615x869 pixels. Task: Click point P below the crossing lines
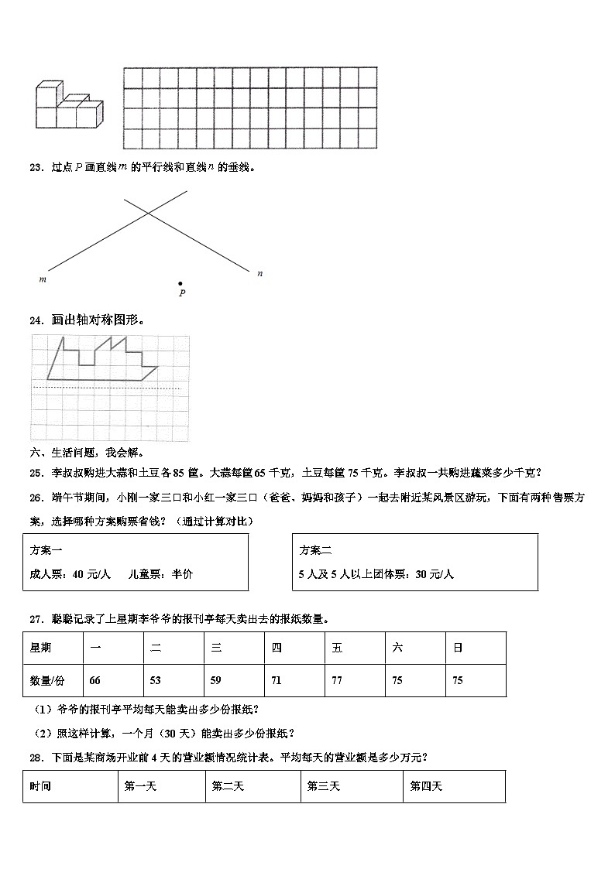click(180, 284)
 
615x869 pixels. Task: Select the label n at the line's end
click(259, 272)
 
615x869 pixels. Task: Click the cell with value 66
click(95, 680)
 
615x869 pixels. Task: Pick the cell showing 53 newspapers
click(156, 680)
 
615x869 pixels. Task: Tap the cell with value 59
click(216, 680)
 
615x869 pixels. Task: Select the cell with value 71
click(277, 680)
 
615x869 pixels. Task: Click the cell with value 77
click(337, 680)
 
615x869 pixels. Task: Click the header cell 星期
click(40, 648)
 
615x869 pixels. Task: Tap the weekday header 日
click(458, 648)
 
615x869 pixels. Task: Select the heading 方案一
click(46, 549)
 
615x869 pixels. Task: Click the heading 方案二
click(315, 549)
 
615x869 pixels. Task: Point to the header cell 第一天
click(140, 786)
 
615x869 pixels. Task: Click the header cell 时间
click(40, 786)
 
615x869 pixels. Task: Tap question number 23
click(35, 167)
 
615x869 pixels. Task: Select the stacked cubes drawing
click(68, 106)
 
